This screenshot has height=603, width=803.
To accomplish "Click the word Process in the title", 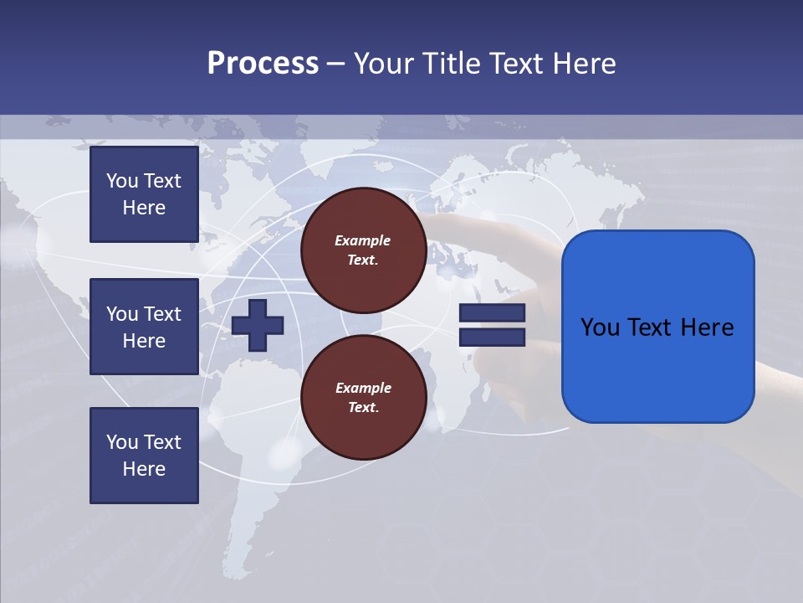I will (x=263, y=64).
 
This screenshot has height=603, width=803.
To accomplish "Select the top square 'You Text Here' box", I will (x=144, y=194).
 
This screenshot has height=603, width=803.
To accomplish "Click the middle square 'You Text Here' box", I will (x=144, y=327).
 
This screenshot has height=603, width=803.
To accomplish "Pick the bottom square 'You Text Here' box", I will (x=144, y=455).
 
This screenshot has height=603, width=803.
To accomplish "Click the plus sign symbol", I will (x=258, y=325).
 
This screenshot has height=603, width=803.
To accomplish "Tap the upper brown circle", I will (x=364, y=250).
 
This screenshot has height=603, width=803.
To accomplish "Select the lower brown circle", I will (x=364, y=398).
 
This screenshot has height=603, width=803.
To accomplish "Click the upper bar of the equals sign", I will (x=492, y=313).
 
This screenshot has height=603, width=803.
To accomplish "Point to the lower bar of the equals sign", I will (x=492, y=337).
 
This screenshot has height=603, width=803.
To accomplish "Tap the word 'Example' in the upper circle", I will (x=363, y=240).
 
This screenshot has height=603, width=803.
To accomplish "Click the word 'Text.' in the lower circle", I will (x=363, y=408).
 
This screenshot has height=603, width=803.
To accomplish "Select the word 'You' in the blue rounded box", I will (x=599, y=327).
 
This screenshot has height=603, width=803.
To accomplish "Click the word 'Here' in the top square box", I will (x=144, y=208).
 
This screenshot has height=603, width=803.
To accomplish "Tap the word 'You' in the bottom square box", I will (x=122, y=442).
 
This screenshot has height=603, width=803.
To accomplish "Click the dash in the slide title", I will (x=336, y=64).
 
